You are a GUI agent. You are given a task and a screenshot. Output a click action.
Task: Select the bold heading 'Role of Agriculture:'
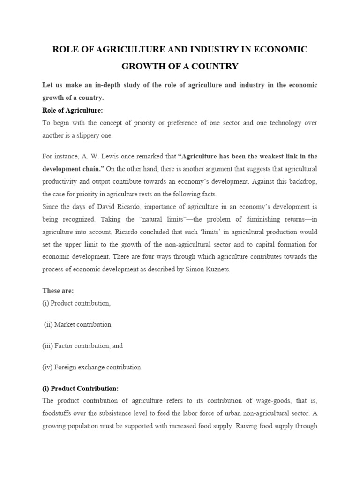[x=72, y=110]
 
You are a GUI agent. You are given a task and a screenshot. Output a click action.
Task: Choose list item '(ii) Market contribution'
[x=78, y=324]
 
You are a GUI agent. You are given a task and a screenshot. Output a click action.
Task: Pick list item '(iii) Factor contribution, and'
[x=82, y=346]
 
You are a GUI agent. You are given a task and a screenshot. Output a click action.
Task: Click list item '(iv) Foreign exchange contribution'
[x=92, y=367]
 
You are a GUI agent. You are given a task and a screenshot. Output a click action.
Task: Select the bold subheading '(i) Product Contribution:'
[x=80, y=389]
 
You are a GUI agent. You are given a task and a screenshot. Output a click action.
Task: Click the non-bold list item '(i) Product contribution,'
[x=76, y=303]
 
